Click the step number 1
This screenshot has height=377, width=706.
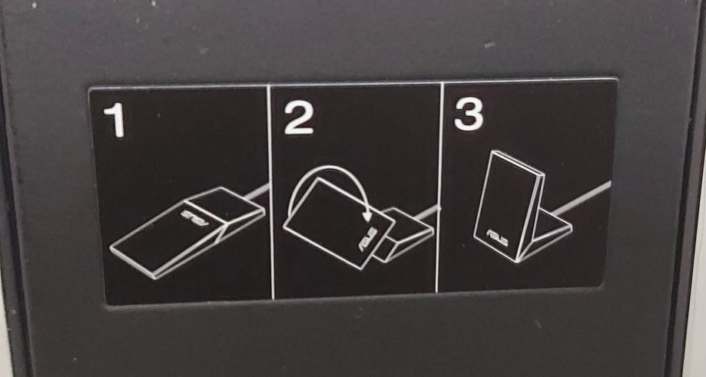point(114,120)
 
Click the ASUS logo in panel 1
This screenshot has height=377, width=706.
point(194,217)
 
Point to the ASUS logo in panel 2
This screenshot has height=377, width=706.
point(367,240)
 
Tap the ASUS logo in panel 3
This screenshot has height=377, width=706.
point(497,238)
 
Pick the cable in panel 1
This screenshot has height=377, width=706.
point(257,191)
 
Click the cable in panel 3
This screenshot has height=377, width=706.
point(582,197)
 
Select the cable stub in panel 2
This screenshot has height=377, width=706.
point(425,212)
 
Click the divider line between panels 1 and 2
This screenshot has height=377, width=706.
point(270,191)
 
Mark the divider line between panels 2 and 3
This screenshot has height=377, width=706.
point(439,187)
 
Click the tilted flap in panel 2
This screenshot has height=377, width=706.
point(339,223)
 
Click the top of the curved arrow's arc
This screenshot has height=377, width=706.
point(329,167)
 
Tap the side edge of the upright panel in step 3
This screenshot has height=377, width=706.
point(531,217)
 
